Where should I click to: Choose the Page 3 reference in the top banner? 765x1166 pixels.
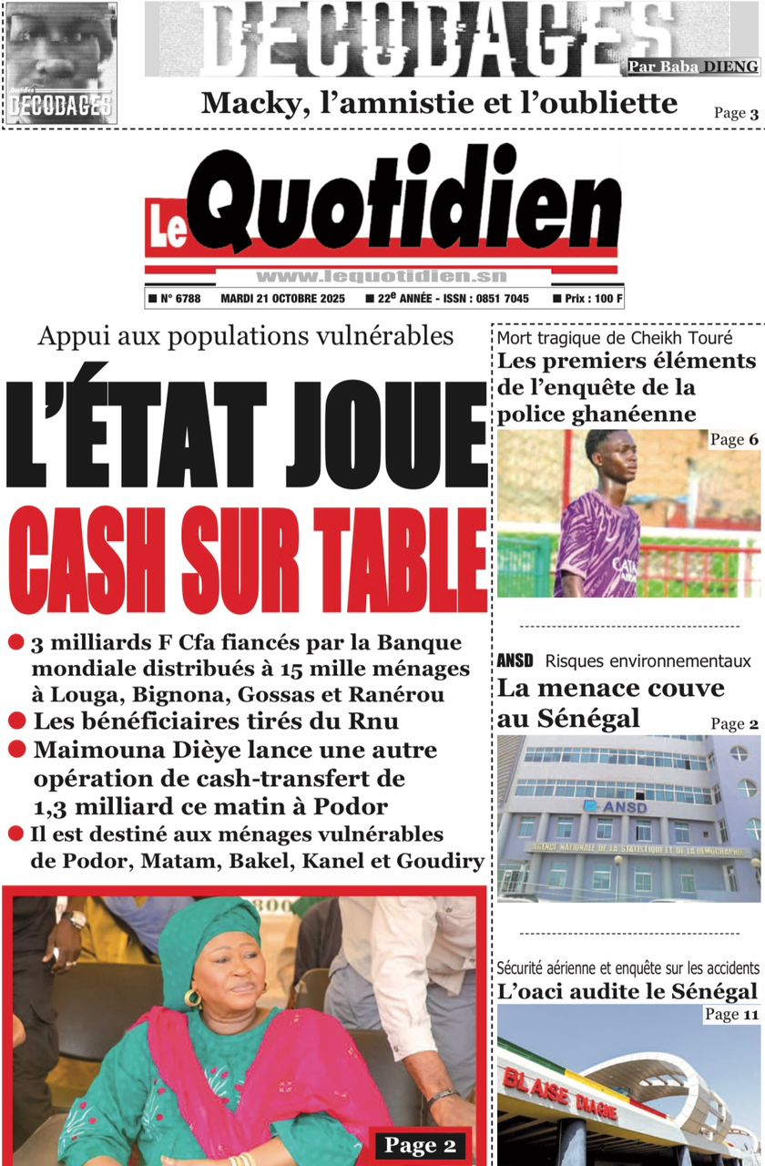pos(736,113)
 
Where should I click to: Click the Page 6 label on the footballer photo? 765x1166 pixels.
pos(734,440)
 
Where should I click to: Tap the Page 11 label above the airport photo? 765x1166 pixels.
pos(732,1014)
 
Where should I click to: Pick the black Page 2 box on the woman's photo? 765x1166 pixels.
pos(420,1145)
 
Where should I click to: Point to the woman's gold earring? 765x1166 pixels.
pos(194,997)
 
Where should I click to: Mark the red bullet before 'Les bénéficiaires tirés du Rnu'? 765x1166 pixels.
pos(15,721)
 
